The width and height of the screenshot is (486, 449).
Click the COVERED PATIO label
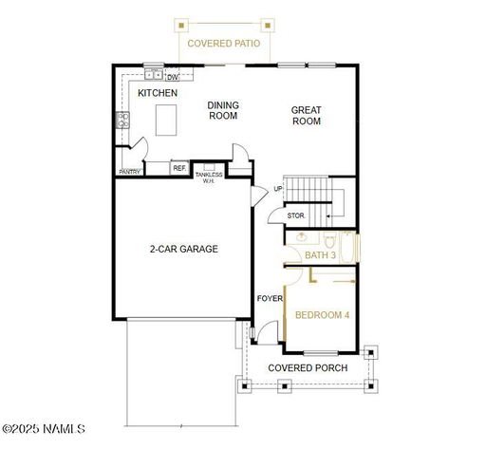(224, 44)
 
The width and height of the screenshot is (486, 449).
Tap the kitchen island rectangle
(166, 121)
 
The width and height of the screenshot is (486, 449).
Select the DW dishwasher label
(173, 77)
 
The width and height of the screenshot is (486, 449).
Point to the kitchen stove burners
(122, 121)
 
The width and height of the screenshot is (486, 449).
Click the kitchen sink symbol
(154, 75)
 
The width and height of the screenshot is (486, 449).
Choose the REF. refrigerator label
(179, 168)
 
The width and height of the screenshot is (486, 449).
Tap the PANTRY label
(129, 172)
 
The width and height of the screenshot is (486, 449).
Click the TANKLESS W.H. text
(209, 178)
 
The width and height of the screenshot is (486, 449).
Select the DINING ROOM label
(223, 110)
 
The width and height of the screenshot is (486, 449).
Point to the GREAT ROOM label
(307, 116)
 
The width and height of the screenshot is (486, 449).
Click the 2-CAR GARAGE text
(184, 249)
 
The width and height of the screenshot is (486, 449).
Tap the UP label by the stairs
(278, 189)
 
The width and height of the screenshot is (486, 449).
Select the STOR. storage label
(296, 215)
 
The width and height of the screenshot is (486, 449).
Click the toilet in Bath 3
(329, 240)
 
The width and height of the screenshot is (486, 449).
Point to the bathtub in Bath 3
(347, 247)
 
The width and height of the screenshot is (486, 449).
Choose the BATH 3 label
(320, 255)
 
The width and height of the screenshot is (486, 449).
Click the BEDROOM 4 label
(322, 315)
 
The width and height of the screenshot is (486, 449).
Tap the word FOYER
(270, 298)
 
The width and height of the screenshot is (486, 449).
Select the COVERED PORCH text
(308, 368)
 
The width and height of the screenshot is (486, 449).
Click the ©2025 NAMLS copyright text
(44, 429)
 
